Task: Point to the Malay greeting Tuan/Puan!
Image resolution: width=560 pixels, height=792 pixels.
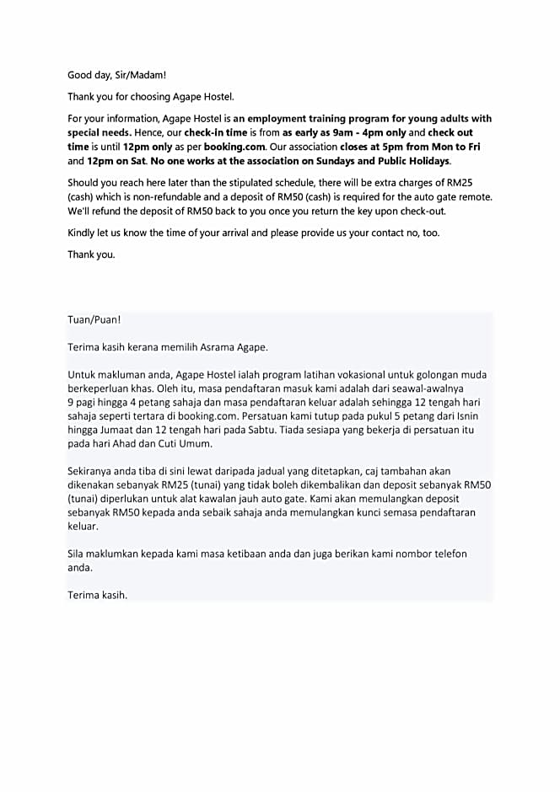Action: (94, 320)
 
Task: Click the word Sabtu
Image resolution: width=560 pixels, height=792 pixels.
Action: (245, 430)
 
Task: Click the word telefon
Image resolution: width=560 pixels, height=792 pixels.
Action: (447, 554)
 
